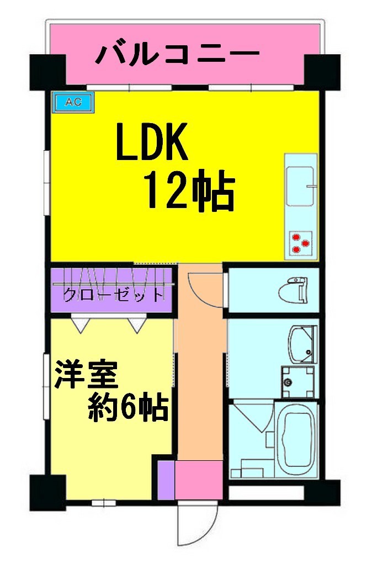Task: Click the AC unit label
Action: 73,102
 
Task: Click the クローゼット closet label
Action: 113,295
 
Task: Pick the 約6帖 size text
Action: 129,408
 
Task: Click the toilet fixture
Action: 295,290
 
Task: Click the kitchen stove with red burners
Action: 300,243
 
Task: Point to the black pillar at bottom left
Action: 44,491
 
